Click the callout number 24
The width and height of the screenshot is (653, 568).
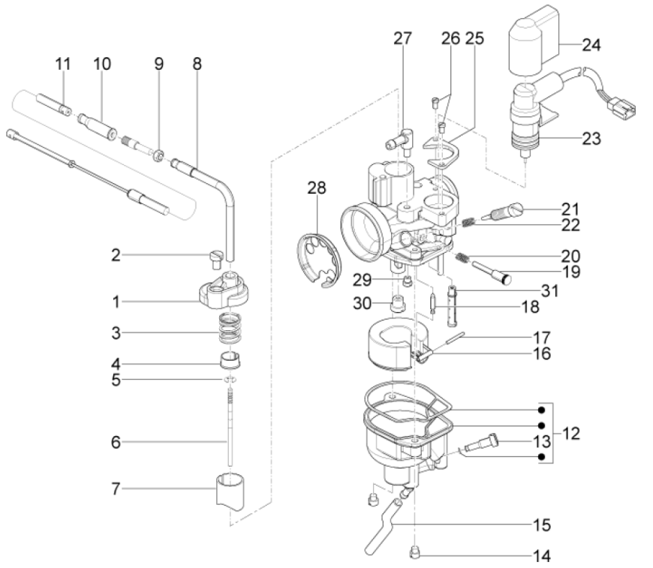click(592, 45)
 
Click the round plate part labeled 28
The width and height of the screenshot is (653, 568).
click(319, 258)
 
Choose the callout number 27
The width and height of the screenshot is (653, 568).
click(404, 39)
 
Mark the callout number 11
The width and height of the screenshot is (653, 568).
click(63, 64)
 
